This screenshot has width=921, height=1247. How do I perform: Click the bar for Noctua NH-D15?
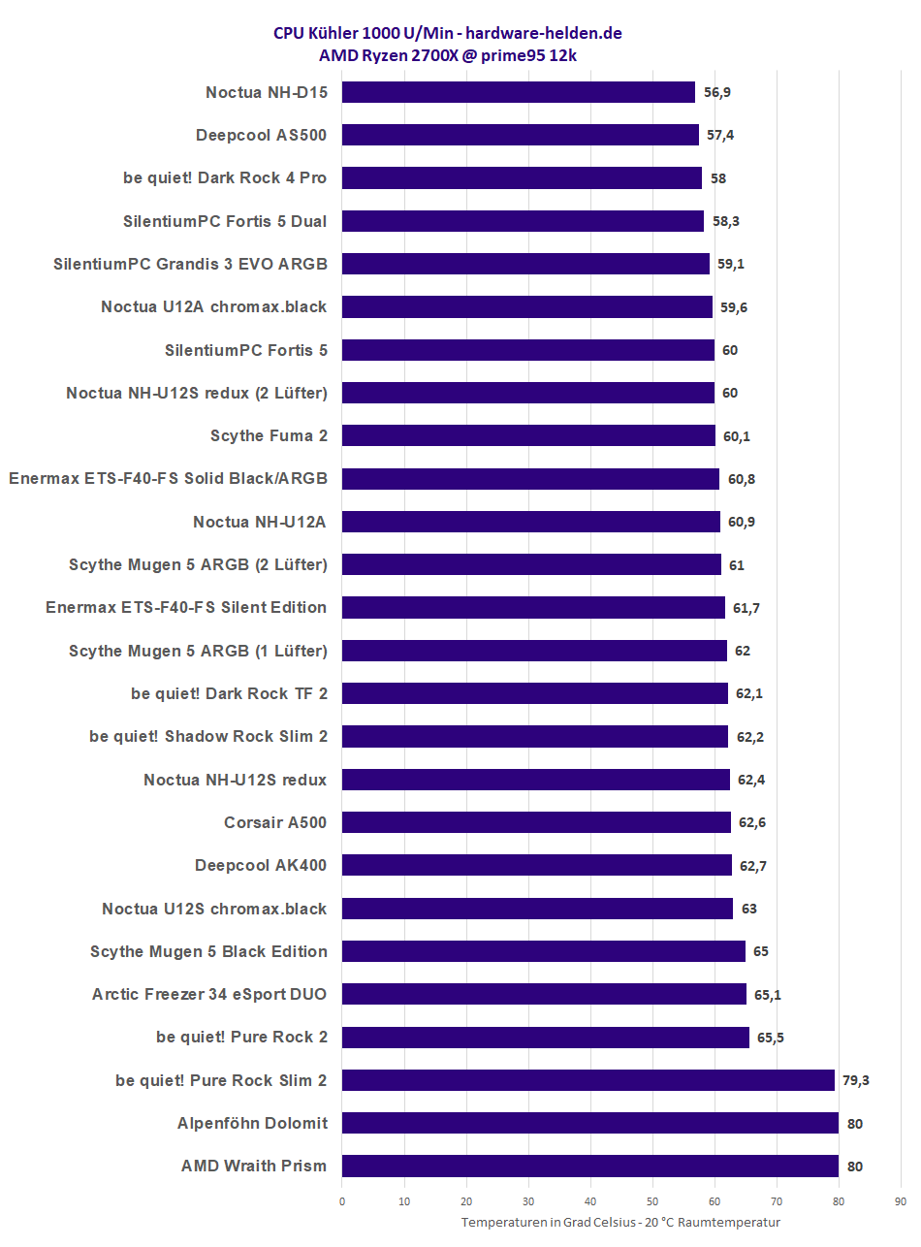click(x=519, y=92)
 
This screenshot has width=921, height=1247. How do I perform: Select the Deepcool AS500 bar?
click(x=521, y=135)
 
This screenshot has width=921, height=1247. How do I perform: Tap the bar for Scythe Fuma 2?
click(x=528, y=435)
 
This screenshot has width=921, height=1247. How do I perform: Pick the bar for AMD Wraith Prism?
click(x=589, y=1166)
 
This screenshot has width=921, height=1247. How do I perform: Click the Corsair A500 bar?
click(x=536, y=822)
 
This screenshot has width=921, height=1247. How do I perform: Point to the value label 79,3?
click(x=856, y=1080)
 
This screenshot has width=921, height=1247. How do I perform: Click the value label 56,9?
click(x=717, y=92)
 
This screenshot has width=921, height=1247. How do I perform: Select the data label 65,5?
click(x=771, y=1038)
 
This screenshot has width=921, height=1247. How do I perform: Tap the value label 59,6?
click(x=734, y=307)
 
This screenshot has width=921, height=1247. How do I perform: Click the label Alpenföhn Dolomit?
click(x=252, y=1123)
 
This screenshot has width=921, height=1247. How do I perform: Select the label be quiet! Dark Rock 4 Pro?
click(x=225, y=178)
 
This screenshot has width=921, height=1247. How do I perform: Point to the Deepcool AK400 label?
click(x=261, y=865)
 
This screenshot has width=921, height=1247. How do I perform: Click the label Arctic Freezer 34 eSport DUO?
click(x=209, y=994)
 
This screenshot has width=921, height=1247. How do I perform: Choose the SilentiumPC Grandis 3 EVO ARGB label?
click(x=190, y=264)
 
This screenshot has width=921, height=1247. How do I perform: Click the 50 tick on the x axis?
click(x=652, y=1201)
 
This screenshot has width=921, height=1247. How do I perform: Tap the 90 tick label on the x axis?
click(x=901, y=1201)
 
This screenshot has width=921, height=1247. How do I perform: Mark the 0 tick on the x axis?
click(x=342, y=1201)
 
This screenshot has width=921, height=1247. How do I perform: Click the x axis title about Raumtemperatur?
click(x=620, y=1223)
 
